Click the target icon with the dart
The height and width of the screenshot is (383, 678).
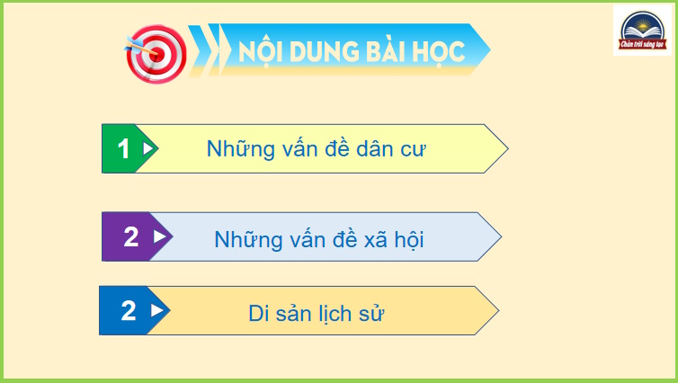(x=156, y=52)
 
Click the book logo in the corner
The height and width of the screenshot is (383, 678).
(x=640, y=31)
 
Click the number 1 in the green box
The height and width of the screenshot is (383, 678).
(x=124, y=149)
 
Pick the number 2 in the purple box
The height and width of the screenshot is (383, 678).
(x=131, y=237)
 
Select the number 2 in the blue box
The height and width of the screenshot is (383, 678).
(x=129, y=311)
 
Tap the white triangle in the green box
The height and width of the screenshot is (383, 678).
(x=148, y=148)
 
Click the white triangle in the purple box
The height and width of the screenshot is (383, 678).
(x=160, y=237)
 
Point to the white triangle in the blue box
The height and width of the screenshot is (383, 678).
(x=157, y=311)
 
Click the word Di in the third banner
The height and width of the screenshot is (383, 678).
(x=259, y=314)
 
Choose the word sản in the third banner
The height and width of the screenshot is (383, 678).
(x=298, y=314)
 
